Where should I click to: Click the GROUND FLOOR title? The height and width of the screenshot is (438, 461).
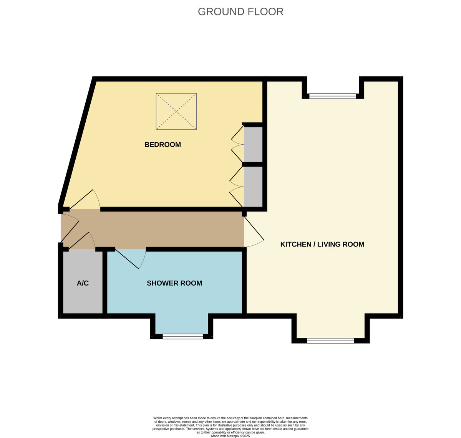tap(240, 12)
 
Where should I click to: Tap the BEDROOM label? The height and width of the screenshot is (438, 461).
tap(163, 145)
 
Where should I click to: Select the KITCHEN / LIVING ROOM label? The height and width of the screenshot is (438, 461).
tap(322, 244)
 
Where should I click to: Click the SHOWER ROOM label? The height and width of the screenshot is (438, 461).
tap(174, 283)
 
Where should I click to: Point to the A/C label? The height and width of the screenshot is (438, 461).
tap(83, 283)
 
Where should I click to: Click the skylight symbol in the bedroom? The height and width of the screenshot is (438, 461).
tap(176, 111)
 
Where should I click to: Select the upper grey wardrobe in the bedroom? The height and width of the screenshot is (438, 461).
tap(253, 144)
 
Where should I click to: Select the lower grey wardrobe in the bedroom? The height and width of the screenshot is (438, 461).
tap(253, 187)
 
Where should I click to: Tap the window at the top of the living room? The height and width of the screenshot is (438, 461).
tap(333, 96)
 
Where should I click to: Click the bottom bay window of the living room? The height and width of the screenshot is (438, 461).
tap(330, 340)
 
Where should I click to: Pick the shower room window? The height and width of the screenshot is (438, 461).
tap(183, 337)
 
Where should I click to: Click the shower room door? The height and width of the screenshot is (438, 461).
tap(131, 259)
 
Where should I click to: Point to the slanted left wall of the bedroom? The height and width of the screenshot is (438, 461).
tap(77, 142)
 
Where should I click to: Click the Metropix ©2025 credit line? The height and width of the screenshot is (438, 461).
tap(230, 436)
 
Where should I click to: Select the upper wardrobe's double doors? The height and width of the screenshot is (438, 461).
tap(237, 144)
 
